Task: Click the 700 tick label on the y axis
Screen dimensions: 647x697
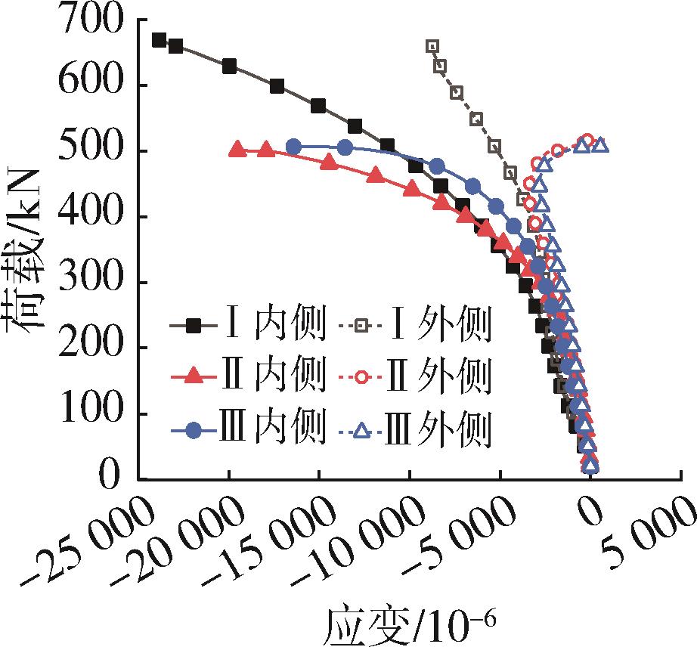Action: [x=98, y=20]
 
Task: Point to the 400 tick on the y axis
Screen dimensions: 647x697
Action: [x=98, y=217]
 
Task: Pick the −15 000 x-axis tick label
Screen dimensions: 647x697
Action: [x=261, y=541]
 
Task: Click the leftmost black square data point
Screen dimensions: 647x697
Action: [x=159, y=40]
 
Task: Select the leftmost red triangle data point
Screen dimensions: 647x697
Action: [x=237, y=149]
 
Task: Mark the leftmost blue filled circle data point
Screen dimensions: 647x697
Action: [x=294, y=147]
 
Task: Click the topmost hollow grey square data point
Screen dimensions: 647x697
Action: [x=432, y=46]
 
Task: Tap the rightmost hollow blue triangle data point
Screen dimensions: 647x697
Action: [x=600, y=144]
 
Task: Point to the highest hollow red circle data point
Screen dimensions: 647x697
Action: [x=587, y=140]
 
